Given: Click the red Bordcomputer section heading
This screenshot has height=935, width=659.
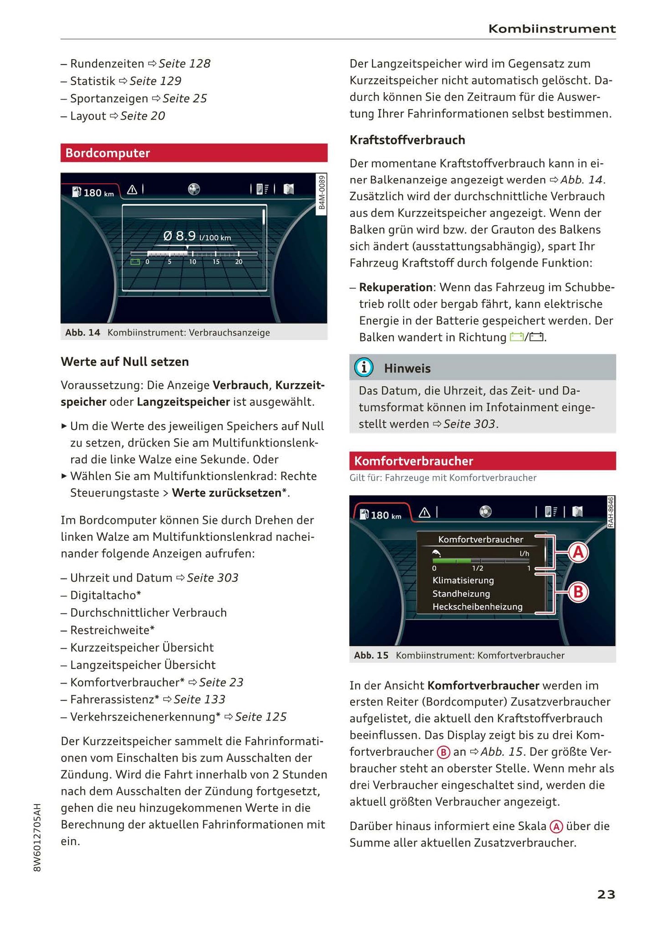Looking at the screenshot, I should point(108,153).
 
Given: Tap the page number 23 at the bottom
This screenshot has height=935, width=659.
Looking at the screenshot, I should point(606,894).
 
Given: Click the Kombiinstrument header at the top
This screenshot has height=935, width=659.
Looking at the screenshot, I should point(552,29).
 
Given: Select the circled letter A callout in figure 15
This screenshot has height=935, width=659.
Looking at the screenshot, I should point(578,553).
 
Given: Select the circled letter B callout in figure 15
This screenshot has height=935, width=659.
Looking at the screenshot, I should point(578,592).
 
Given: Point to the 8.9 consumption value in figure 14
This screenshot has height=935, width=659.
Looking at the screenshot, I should point(185,236).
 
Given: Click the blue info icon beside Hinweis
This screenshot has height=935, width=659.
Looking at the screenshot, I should point(363,368).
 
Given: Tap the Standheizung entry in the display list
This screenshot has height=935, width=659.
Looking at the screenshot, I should point(461,594).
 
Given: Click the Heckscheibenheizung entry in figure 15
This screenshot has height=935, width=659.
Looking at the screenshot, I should point(477,607).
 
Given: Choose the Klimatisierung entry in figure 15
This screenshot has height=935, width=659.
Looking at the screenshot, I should point(463,581).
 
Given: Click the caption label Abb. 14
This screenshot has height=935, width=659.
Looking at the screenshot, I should point(83,332).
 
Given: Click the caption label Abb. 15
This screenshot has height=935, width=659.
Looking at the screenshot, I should point(371,655).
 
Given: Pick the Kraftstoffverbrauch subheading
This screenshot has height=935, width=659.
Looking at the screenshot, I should point(407,140).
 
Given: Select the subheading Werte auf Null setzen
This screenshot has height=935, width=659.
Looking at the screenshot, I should point(125,362).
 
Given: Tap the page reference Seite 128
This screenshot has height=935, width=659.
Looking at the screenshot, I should point(184,64).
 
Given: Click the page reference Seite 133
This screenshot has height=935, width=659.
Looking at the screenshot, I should point(199,700).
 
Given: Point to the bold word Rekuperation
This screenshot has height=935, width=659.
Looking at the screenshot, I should point(395,287).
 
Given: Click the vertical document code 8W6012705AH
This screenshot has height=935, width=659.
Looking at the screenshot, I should point(37,837).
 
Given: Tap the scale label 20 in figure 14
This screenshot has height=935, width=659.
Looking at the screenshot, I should point(239,262).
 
